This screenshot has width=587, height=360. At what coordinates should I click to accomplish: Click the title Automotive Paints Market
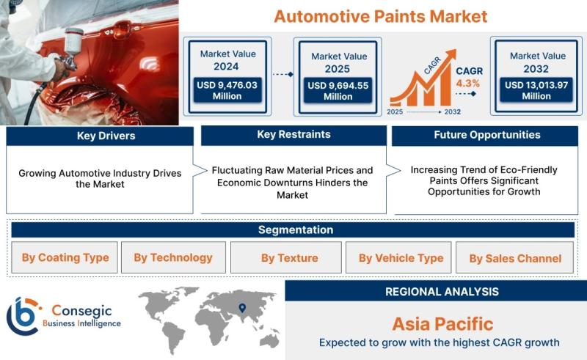click(x=380, y=16)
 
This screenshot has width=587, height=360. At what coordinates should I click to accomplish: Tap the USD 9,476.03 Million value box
click(x=227, y=90)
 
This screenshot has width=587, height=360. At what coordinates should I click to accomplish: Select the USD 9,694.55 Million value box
click(x=338, y=91)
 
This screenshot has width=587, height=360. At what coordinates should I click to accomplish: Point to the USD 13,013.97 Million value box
click(x=536, y=90)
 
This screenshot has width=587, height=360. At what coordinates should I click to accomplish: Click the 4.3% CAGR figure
click(x=467, y=83)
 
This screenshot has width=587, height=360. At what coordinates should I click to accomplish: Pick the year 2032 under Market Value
click(x=536, y=69)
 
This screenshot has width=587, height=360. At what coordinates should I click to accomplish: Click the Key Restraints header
click(x=294, y=135)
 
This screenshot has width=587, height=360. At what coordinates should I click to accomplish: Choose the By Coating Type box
click(x=65, y=257)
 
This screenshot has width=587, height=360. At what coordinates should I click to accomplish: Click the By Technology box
click(x=173, y=257)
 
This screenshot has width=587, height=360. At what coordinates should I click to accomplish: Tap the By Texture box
click(x=286, y=257)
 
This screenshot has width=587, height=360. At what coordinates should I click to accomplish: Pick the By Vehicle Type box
click(x=398, y=257)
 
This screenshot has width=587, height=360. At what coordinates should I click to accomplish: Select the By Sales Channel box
click(x=515, y=257)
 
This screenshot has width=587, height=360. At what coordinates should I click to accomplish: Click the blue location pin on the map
click(x=242, y=308)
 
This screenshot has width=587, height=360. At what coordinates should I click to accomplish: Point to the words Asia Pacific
click(x=442, y=324)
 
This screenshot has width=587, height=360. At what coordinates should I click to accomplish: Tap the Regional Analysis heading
click(x=442, y=292)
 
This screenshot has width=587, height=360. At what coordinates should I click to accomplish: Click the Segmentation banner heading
click(x=296, y=229)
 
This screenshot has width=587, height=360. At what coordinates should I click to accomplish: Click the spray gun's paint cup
click(x=74, y=41)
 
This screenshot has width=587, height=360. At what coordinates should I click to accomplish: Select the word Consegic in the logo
click(x=81, y=311)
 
